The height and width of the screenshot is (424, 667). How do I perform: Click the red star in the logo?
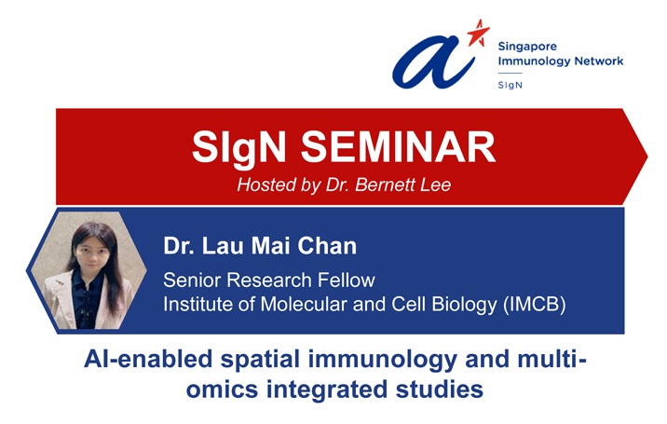click(478, 34)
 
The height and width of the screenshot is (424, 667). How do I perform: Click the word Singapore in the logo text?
click(527, 47)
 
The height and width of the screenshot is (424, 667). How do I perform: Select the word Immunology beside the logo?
click(534, 62)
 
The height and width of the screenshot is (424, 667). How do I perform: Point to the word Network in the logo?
click(599, 61)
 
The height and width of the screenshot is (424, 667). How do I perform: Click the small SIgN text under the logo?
click(510, 85)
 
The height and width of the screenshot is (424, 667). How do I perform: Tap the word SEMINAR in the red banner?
click(398, 147)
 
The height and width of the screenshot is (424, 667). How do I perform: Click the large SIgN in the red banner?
click(238, 148)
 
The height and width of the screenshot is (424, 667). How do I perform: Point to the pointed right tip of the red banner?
click(647, 157)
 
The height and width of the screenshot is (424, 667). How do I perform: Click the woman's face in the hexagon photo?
click(93, 251)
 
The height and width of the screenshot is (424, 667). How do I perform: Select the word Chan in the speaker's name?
click(327, 246)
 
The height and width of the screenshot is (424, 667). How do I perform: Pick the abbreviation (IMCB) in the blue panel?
click(535, 305)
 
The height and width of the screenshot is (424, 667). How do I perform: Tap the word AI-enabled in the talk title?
click(148, 359)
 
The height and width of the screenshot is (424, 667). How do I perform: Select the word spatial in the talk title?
click(260, 361)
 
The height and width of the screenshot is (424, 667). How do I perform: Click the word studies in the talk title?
click(440, 390)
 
